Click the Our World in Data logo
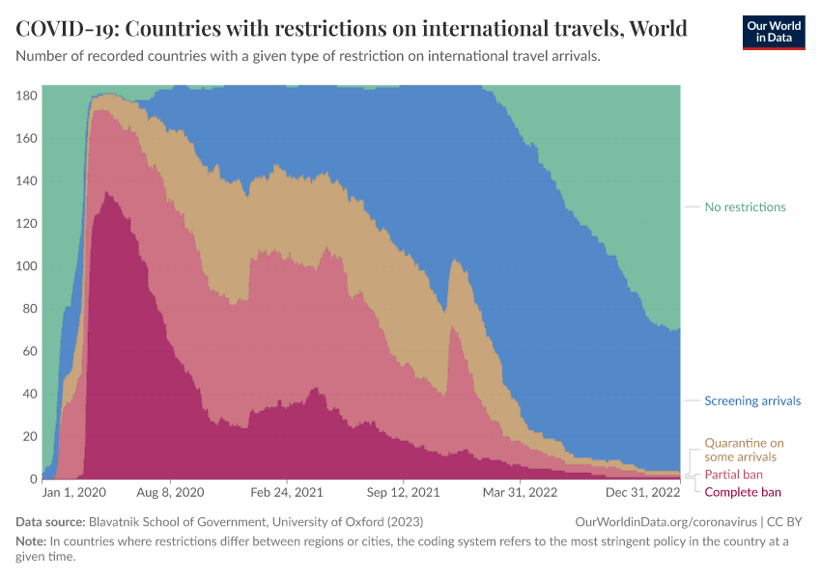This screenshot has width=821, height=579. (x=773, y=31)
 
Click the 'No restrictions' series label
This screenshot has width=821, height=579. (x=745, y=207)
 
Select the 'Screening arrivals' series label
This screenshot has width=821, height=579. (x=752, y=401)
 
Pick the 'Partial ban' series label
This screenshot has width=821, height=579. (x=734, y=475)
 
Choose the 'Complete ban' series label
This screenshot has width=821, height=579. (x=743, y=492)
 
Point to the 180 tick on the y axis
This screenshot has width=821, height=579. (x=26, y=96)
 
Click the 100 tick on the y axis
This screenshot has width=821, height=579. (x=26, y=266)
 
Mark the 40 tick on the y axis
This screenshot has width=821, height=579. (x=30, y=395)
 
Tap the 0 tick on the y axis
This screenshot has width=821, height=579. (x=33, y=480)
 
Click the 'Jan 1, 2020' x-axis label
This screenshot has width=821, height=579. (x=74, y=492)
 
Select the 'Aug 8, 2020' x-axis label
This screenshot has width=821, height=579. (x=171, y=492)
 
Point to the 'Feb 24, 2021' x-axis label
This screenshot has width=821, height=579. (x=287, y=492)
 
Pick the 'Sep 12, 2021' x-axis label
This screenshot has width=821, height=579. (x=403, y=492)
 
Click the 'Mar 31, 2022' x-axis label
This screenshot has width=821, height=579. (x=520, y=492)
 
